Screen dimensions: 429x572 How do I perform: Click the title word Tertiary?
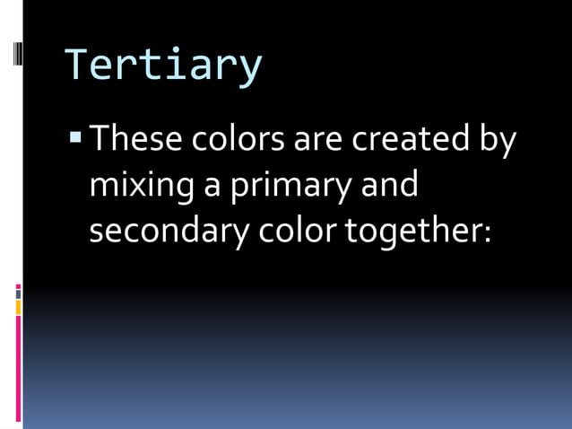(x=163, y=66)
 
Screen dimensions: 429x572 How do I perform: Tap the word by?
(x=498, y=142)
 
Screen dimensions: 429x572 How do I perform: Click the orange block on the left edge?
(x=18, y=308)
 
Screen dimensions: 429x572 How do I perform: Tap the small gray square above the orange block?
(x=18, y=294)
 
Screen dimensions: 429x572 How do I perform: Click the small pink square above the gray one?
(x=18, y=286)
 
